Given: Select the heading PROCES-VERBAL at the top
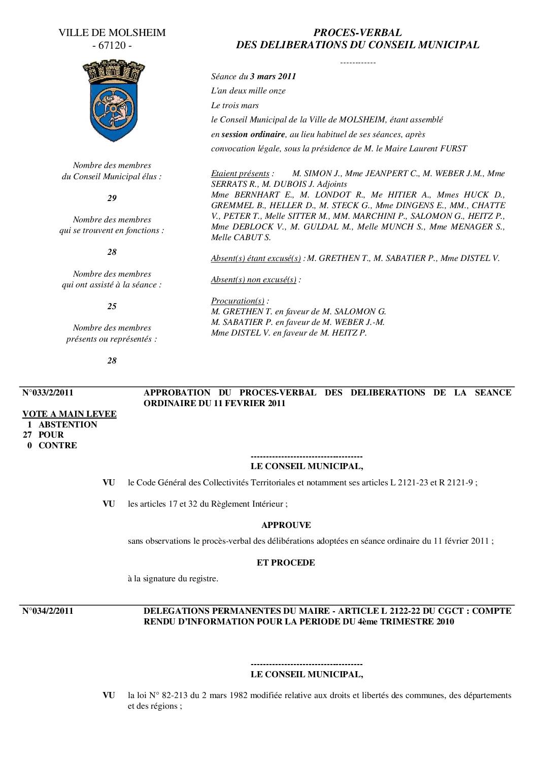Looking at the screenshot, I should [357, 32].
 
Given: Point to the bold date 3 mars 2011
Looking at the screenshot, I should [273, 77].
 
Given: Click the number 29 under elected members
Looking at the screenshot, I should [112, 198].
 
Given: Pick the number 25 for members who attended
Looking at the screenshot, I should [112, 306].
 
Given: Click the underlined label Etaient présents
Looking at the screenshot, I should [240, 173].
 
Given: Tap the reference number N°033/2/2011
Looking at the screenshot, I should [48, 392].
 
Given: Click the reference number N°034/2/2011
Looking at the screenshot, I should [48, 611].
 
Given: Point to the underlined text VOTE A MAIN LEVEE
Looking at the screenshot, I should [70, 414].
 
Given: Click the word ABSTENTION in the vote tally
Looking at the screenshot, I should [68, 424].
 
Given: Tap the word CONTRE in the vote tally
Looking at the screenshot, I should [58, 445].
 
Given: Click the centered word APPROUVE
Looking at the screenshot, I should [286, 525].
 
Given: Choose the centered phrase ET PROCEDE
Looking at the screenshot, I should [286, 563].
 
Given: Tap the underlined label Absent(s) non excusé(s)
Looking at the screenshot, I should [253, 279].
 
